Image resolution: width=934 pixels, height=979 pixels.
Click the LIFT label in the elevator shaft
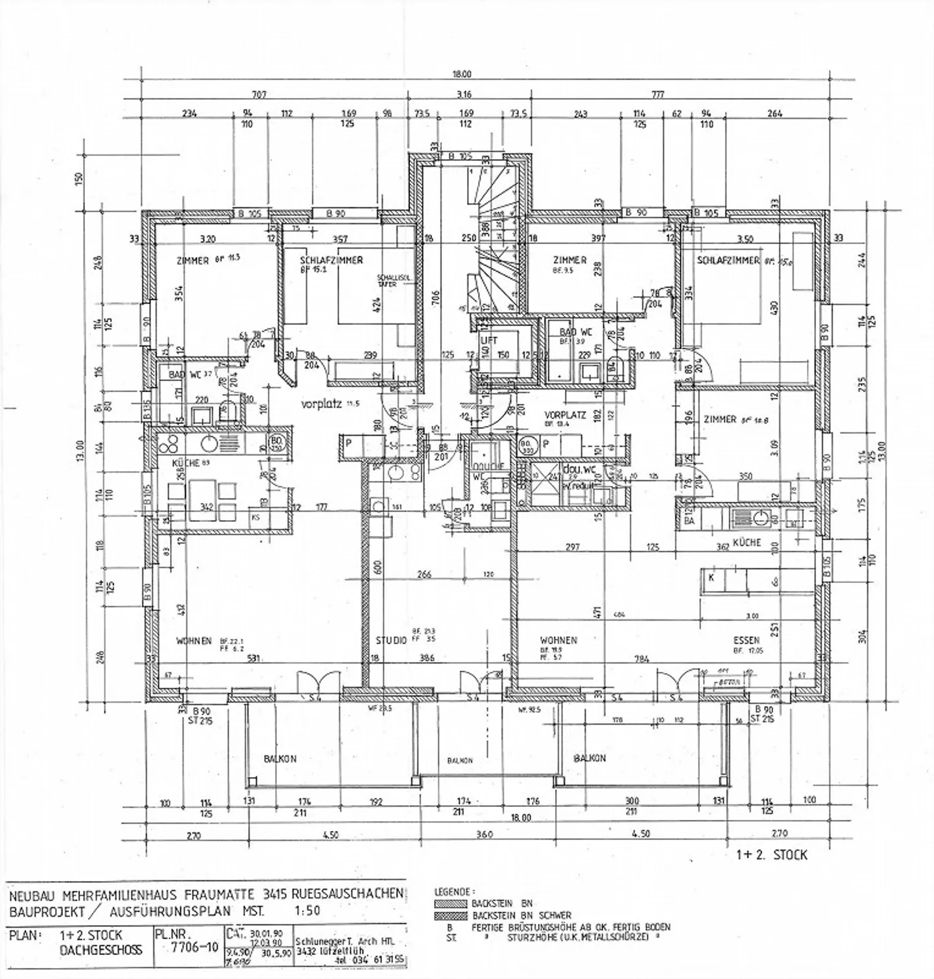pos(488,340)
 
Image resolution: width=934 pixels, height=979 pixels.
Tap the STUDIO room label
pos(391,641)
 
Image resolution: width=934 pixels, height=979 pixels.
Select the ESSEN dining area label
pos(746,639)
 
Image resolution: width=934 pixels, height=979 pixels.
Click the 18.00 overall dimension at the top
pos(462,74)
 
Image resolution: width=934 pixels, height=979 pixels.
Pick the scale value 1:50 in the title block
pos(308,910)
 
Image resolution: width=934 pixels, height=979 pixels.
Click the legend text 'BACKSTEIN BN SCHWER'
pos(512,915)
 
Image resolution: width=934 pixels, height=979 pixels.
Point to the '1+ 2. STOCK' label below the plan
pos(772,855)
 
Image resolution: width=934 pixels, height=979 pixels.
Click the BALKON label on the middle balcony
pos(459,760)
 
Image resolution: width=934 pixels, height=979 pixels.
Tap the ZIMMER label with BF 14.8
pos(719,419)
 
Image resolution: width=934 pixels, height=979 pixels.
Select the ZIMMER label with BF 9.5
pos(570,260)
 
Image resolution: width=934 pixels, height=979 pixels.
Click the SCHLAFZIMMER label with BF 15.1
pos(331,260)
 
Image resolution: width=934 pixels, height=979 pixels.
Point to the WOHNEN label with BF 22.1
pos(194,641)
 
